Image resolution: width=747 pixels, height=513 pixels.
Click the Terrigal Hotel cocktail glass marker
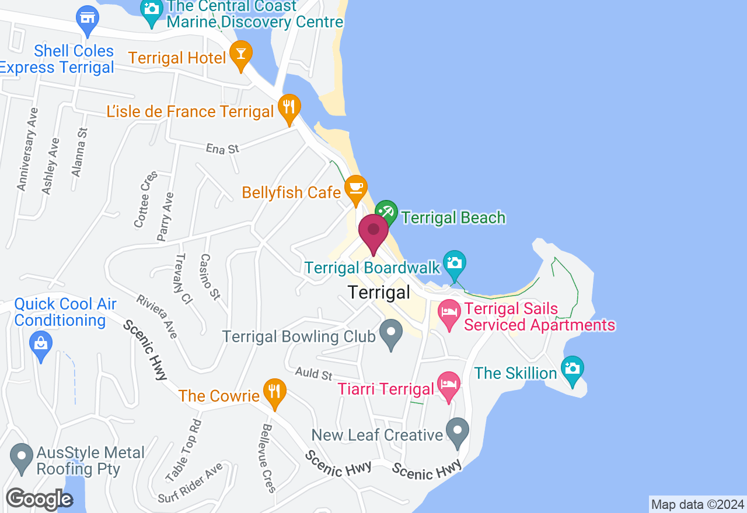[240, 53]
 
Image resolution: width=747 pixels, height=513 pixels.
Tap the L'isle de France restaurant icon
[289, 107]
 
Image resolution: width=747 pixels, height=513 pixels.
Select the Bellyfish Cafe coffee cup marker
[355, 188]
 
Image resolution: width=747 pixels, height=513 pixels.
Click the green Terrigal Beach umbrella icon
[386, 213]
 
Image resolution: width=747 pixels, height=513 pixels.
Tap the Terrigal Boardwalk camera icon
[454, 263]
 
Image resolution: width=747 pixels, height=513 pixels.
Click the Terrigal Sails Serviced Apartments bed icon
[448, 311]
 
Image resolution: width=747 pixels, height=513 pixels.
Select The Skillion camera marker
[573, 368]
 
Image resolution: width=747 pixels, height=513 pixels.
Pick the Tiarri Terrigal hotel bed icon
[448, 385]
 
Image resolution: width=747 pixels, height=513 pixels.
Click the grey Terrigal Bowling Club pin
[391, 333]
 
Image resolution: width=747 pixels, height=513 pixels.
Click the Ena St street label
[222, 149]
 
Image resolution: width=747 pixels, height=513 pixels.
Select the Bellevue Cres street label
[268, 458]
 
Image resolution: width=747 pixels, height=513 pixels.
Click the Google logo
[39, 500]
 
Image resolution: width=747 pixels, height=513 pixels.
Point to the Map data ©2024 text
[697, 505]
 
